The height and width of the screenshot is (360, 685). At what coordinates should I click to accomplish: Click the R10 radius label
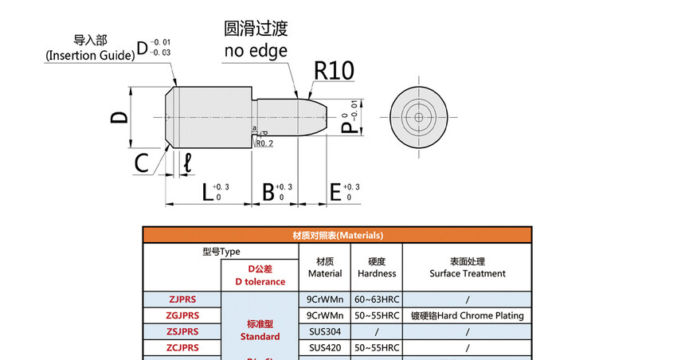pos(334,70)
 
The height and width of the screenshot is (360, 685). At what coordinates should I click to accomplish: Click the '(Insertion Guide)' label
pos(88,55)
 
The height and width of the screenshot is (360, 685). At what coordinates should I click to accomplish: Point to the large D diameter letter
pos(119,117)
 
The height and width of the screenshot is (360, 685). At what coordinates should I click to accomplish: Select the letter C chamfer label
pos(142,164)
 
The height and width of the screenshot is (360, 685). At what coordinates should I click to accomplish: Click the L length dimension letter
pos(207,192)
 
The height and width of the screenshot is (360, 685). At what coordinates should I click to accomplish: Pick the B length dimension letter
pos(268,192)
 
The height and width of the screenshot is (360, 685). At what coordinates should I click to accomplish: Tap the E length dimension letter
pos(335,192)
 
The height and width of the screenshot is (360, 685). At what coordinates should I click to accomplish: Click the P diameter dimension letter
pos(347,127)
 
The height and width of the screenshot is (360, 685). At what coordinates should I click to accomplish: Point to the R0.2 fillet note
pos(265,143)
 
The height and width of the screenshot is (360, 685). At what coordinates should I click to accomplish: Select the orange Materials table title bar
pos(338,236)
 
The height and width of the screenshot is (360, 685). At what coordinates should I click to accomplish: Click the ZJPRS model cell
pos(182,299)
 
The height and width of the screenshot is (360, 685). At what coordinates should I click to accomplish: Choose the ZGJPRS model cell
pos(182,315)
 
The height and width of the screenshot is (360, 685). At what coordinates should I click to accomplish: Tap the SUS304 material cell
pos(324,331)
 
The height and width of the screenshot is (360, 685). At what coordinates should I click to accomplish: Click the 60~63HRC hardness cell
pos(376,299)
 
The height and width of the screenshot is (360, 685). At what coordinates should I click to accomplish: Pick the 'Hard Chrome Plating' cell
pos(468,315)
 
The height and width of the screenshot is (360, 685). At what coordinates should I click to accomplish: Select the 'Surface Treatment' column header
pos(468,273)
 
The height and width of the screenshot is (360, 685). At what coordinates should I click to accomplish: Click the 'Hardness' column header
pos(376,273)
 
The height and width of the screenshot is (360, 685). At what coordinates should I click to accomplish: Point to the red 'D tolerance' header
pos(260,282)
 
